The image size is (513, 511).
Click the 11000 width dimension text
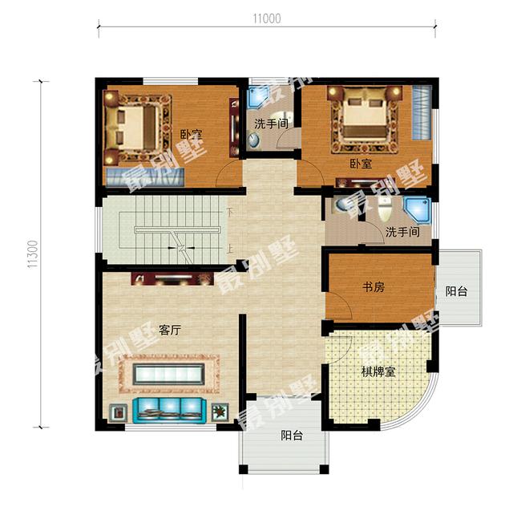click(x=267, y=18)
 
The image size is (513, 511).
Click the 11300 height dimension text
click(x=32, y=254)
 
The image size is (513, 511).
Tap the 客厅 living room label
click(x=169, y=330)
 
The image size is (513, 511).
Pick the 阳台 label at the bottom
click(x=292, y=436)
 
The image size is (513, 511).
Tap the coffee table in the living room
click(x=166, y=374)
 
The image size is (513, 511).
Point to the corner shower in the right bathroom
click(x=417, y=209)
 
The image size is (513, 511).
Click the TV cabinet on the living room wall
click(x=166, y=280)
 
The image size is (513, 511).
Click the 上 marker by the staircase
click(x=230, y=248)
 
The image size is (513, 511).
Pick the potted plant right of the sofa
click(x=219, y=412)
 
